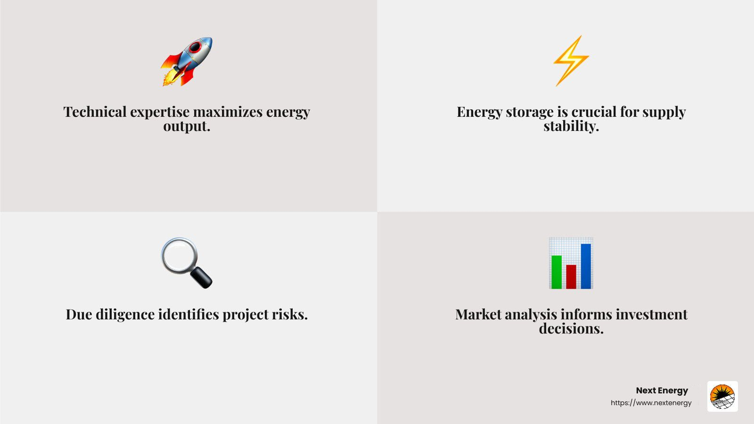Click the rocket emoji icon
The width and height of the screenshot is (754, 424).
coord(187,62)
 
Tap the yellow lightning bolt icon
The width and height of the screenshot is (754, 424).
coord(571,61)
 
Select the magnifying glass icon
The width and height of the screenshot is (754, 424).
coord(187,263)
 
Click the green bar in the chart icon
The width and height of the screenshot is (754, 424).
coord(557,272)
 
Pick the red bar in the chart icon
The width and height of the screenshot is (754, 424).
coord(571,277)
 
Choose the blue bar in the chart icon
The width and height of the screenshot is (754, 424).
coord(586,266)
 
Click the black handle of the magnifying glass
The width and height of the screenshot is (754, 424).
coord(202,277)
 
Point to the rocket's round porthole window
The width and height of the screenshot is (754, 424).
coord(195,48)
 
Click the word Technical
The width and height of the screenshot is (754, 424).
coord(95,112)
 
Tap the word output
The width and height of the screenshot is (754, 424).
coord(187,127)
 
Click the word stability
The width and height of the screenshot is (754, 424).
coord(571,126)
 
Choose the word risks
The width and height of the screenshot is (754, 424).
coord(290,315)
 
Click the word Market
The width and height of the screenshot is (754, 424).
coord(478,314)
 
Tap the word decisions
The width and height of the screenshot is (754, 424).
coord(571,328)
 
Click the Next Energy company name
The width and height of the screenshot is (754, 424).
coord(662,391)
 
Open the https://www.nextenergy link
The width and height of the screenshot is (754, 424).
coord(651,403)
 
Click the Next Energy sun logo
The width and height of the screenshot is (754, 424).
coord(722,396)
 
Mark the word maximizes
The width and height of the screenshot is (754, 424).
coord(228,112)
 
